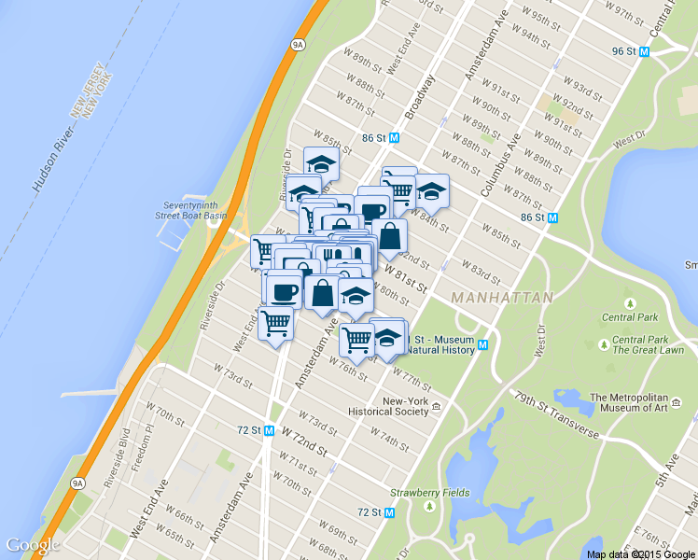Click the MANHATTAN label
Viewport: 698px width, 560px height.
pyautogui.click(x=501, y=298)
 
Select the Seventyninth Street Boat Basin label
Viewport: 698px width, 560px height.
pyautogui.click(x=195, y=210)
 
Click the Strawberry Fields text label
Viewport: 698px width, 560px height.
pyautogui.click(x=430, y=492)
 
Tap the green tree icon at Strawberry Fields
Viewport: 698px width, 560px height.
pyautogui.click(x=430, y=507)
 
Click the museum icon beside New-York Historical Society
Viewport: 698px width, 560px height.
pyautogui.click(x=435, y=406)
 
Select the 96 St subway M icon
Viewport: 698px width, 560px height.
pyautogui.click(x=644, y=51)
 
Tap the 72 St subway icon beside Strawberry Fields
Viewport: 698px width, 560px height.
pyautogui.click(x=390, y=512)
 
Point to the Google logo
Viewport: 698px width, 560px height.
pyautogui.click(x=33, y=545)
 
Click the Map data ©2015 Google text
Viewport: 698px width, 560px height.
pyautogui.click(x=641, y=554)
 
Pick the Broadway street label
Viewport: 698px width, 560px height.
pyautogui.click(x=420, y=97)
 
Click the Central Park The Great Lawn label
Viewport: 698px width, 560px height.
pyautogui.click(x=648, y=345)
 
